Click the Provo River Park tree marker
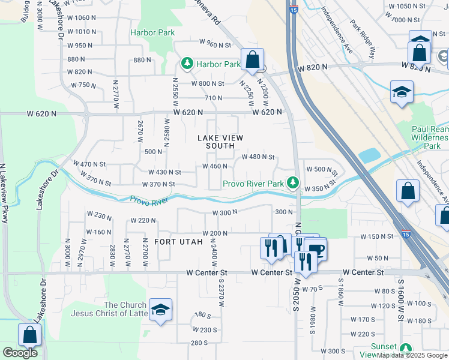tap(293, 182)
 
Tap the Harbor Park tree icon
tap(187, 63)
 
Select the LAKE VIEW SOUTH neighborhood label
tap(221, 142)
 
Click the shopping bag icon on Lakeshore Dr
tap(29, 335)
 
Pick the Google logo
tap(20, 353)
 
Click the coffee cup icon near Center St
tap(316, 250)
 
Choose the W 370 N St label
tap(158, 184)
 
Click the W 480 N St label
tap(258, 157)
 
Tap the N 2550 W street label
tap(175, 91)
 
